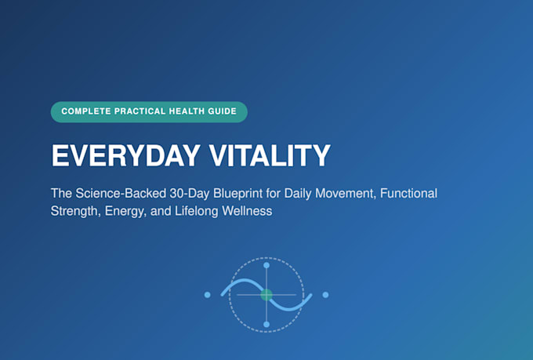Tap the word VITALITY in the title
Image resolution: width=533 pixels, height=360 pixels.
[270, 155]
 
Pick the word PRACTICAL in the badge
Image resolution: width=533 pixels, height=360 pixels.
[140, 111]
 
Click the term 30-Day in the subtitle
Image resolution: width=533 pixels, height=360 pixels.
[190, 193]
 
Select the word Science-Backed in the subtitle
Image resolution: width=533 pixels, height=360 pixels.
[121, 193]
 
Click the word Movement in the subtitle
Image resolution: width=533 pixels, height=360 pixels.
[346, 194]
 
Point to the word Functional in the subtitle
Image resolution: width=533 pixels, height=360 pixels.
[408, 193]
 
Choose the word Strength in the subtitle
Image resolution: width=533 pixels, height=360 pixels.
[75, 211]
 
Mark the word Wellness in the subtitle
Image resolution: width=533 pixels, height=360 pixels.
[247, 211]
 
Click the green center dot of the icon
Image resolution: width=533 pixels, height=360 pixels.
[266, 295]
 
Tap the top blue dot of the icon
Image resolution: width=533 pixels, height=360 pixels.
[266, 265]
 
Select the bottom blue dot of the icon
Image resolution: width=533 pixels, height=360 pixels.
[266, 324]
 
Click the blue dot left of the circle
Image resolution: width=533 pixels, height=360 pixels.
[208, 295]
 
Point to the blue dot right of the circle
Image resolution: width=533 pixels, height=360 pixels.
[325, 295]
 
